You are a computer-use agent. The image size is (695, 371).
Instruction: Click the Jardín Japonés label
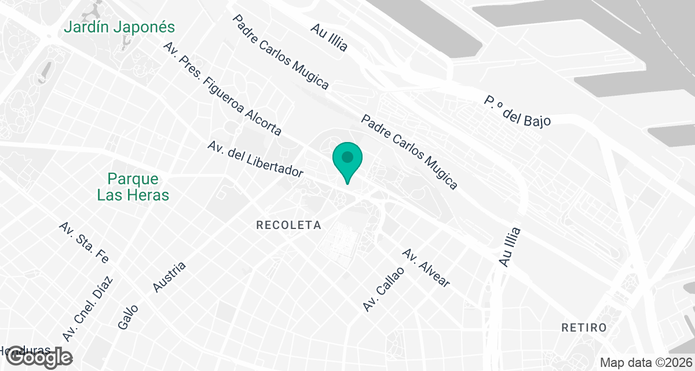(x=119, y=27)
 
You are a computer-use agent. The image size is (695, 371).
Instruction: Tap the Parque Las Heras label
(x=133, y=187)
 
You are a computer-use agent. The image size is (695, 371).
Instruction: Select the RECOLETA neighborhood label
(x=288, y=225)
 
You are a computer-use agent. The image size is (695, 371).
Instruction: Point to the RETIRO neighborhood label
(x=584, y=328)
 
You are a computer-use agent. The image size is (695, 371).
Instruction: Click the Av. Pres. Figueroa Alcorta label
(x=222, y=88)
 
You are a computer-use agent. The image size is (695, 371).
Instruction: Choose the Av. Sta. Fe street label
(x=83, y=242)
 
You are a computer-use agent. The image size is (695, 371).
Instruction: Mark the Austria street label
(x=169, y=277)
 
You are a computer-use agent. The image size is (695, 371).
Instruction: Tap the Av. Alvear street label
(x=426, y=268)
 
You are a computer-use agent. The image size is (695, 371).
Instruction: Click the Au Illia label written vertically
(x=510, y=247)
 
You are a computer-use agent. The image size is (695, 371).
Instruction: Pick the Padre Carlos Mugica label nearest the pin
(x=409, y=152)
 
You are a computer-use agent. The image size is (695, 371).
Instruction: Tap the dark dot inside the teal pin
(x=347, y=157)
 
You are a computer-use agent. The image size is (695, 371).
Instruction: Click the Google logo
(x=39, y=358)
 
